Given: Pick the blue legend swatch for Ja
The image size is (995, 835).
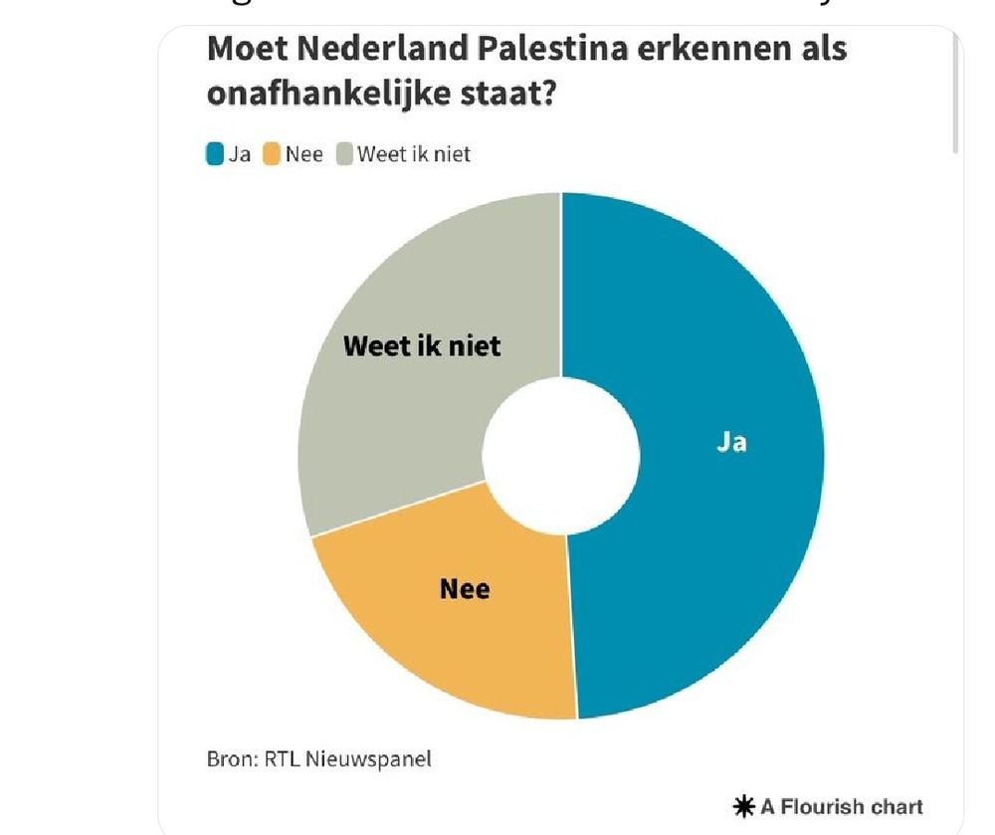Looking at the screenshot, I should point(215,154).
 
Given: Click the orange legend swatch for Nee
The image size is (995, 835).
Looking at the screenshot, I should point(271,154).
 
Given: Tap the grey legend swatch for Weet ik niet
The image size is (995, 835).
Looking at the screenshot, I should point(344,154).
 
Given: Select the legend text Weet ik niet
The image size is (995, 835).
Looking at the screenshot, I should point(414,154).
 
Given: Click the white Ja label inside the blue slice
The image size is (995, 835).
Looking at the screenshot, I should point(731,442).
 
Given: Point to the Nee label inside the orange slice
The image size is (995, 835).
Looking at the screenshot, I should point(465,589).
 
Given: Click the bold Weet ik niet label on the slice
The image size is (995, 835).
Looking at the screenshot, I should point(422,346).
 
